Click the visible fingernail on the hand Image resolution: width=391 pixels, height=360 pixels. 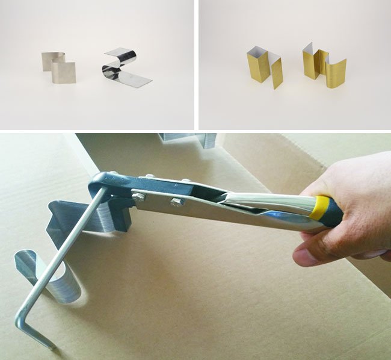307,257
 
